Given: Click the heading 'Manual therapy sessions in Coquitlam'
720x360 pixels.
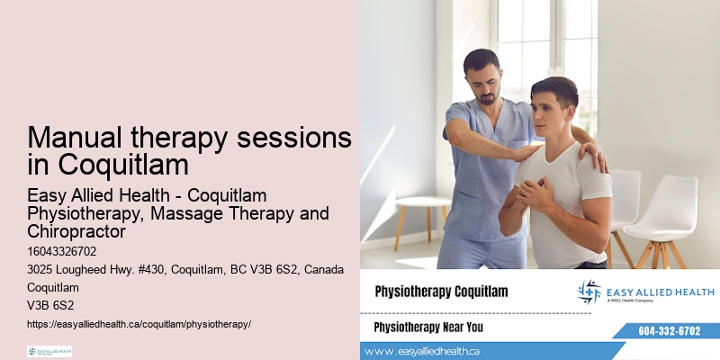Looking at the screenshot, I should point(189,151).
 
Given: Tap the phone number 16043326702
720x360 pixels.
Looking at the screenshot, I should point(62,251).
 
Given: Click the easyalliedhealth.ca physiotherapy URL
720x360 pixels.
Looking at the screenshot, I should point(139,323).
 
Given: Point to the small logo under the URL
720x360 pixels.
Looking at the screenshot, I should point(49,351).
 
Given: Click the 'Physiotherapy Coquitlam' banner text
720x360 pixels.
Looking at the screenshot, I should point(441,292).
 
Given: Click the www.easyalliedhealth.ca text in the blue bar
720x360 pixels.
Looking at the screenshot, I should point(423,351).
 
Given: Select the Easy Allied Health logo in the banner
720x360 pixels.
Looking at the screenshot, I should point(645,292).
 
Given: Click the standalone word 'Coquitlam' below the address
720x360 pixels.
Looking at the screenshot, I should point(53,287).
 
